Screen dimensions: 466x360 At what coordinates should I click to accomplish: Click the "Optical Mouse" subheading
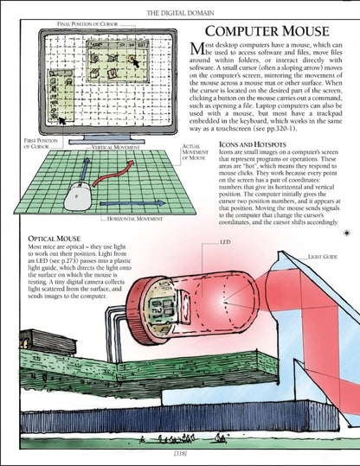pos(57,236)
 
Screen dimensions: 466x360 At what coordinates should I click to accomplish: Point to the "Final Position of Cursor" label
pos(66,21)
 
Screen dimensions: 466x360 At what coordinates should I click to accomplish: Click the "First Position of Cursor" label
pos(16,141)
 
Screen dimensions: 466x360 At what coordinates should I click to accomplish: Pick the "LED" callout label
pos(225,242)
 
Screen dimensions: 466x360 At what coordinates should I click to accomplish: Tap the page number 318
pos(179,450)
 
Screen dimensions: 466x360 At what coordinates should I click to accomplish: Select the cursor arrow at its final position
pos(135,61)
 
